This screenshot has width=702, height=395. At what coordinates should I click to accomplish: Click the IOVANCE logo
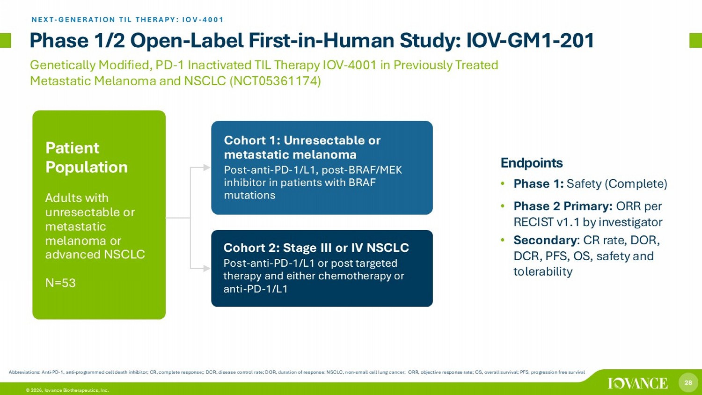tap(638, 383)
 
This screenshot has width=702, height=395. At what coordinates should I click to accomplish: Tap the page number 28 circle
tap(688, 382)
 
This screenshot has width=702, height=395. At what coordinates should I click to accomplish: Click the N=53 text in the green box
tap(60, 283)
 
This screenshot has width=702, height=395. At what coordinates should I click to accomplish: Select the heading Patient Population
tap(87, 157)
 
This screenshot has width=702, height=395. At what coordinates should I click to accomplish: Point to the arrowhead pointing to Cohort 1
tap(207, 168)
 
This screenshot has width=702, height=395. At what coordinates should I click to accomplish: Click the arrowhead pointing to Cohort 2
tap(207, 268)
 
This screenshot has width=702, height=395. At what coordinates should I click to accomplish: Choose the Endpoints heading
tap(532, 163)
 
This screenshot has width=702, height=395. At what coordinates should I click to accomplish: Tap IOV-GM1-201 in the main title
tap(530, 41)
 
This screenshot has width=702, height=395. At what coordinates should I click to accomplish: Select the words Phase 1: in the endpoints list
tap(538, 184)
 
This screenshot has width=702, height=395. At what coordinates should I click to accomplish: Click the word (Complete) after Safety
tap(636, 184)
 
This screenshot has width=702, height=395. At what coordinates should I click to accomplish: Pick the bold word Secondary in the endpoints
tap(545, 240)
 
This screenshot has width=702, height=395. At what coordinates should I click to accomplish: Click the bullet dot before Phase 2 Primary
tap(503, 206)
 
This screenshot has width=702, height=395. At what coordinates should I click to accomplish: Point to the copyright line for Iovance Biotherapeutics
tap(67, 390)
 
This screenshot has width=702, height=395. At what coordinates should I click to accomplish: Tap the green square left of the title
tap(5, 40)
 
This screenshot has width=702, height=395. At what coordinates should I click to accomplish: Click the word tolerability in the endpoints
tap(543, 271)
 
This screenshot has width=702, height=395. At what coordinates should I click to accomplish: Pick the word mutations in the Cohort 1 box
tap(249, 195)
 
